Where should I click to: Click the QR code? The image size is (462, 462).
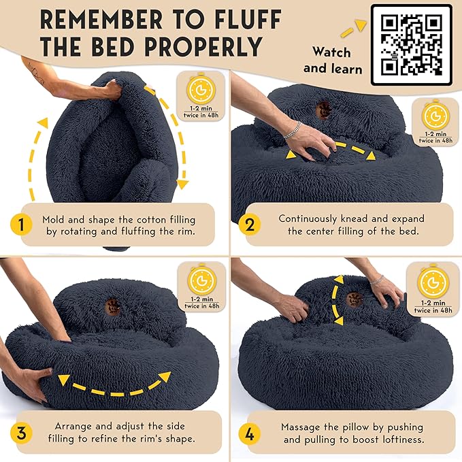click(411, 45)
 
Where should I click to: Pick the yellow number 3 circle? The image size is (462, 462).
click(22, 433)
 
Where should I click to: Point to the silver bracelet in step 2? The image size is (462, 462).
click(291, 131)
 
